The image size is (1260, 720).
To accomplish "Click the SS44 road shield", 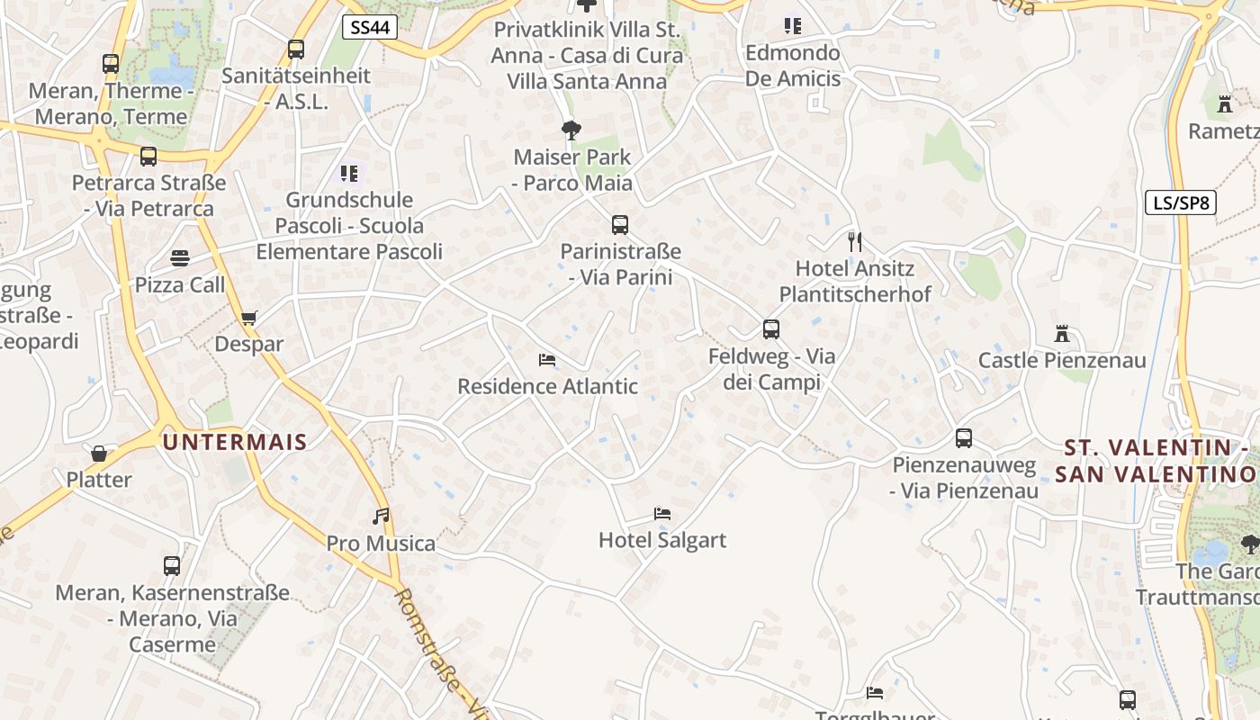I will point(370,27).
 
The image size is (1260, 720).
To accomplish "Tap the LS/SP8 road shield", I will point(1180,202).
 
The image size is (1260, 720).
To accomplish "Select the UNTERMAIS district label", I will point(235,442).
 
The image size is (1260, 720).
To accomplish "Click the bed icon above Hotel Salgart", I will point(662,514).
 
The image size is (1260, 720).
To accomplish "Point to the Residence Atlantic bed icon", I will point(546,360).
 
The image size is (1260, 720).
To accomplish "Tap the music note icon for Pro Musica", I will point(382,517).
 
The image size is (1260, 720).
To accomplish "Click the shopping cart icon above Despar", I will point(248,318).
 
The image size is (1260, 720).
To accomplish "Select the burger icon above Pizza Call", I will point(180,258).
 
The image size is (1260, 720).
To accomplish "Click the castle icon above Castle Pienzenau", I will point(1062,334).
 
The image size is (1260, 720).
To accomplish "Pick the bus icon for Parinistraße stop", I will point(619,225).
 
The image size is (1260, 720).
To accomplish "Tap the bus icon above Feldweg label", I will point(770,329).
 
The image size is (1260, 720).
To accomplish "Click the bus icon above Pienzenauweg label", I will point(963,438).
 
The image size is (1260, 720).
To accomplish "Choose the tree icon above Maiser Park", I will point(571,130).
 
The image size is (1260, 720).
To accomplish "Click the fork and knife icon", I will point(855,241).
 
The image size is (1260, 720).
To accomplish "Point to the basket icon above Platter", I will point(99,453).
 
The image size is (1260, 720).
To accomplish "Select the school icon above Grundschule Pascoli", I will point(348,173).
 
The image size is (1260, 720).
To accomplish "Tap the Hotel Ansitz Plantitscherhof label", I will point(855,281).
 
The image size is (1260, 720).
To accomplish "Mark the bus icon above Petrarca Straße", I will point(148,157).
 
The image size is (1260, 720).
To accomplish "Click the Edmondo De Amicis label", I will point(793,66).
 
